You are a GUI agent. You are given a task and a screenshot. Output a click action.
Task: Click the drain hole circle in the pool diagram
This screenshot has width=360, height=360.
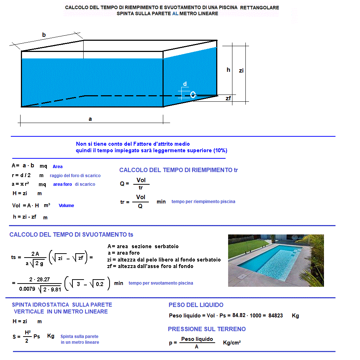193,95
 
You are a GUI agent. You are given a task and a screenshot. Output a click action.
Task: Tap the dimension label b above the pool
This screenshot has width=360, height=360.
44,35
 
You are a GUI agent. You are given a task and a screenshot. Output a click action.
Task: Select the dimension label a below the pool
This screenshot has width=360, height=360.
90,119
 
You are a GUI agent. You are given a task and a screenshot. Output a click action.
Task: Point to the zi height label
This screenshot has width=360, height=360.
241,71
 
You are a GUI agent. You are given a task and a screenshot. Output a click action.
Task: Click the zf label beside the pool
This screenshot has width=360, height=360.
228,98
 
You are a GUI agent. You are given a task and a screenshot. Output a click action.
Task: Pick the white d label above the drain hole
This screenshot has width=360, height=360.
185,84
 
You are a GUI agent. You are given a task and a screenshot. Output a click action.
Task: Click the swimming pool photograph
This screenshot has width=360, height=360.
276,260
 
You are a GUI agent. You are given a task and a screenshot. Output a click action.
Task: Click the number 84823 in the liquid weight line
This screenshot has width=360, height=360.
275,316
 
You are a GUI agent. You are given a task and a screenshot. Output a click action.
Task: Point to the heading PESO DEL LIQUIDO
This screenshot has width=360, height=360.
196,305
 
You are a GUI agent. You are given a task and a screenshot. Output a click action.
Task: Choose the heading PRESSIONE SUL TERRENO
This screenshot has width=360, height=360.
206,329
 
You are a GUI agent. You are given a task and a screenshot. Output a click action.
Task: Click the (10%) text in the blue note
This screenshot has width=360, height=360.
220,150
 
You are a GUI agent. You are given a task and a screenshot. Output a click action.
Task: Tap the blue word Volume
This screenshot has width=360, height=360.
66,206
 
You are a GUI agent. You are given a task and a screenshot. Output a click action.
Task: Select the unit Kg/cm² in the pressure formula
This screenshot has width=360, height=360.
232,342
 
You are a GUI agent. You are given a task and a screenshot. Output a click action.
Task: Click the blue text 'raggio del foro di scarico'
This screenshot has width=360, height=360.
75,176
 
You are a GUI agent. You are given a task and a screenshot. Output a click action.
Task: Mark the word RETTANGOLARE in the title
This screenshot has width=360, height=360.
262,8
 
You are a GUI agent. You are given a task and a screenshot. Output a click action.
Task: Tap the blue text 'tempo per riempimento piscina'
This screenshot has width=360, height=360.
203,202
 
